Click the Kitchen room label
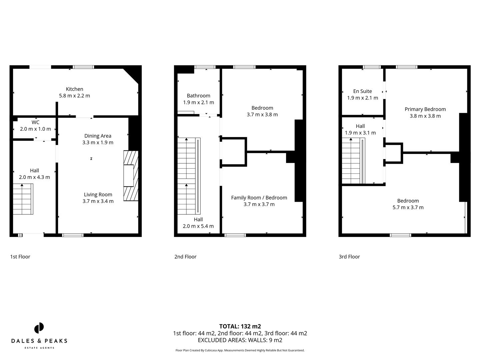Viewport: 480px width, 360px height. coord(74,89)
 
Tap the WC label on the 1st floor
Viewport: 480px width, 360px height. coord(35,122)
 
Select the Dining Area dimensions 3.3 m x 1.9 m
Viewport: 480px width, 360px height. coord(98,142)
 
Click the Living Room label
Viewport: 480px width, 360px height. coord(98,195)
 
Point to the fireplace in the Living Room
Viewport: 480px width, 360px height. coord(130,176)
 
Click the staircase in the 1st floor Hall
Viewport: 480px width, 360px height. coord(23,199)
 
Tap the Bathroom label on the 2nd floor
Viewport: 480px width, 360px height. coord(198,96)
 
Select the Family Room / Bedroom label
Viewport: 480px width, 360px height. coord(259,198)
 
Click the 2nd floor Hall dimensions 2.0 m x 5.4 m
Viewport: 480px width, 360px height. coord(198,226)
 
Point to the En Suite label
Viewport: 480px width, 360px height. coord(362,91)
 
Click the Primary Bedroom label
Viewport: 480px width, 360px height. coord(425,109)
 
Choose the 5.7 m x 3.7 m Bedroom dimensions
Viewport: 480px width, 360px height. coord(408,207)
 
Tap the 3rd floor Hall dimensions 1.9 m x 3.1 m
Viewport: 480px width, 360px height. coord(360,133)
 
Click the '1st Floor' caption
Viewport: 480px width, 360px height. coord(20,257)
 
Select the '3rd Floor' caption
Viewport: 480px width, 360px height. coord(349,257)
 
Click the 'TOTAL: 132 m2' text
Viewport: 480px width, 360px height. coord(240,326)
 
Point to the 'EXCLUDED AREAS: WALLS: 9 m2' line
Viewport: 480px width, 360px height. coord(240,340)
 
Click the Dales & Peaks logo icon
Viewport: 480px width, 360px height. coord(39,328)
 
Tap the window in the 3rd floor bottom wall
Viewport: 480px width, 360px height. coord(400,235)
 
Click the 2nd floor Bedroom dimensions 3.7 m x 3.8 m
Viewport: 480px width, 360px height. coord(262,114)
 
